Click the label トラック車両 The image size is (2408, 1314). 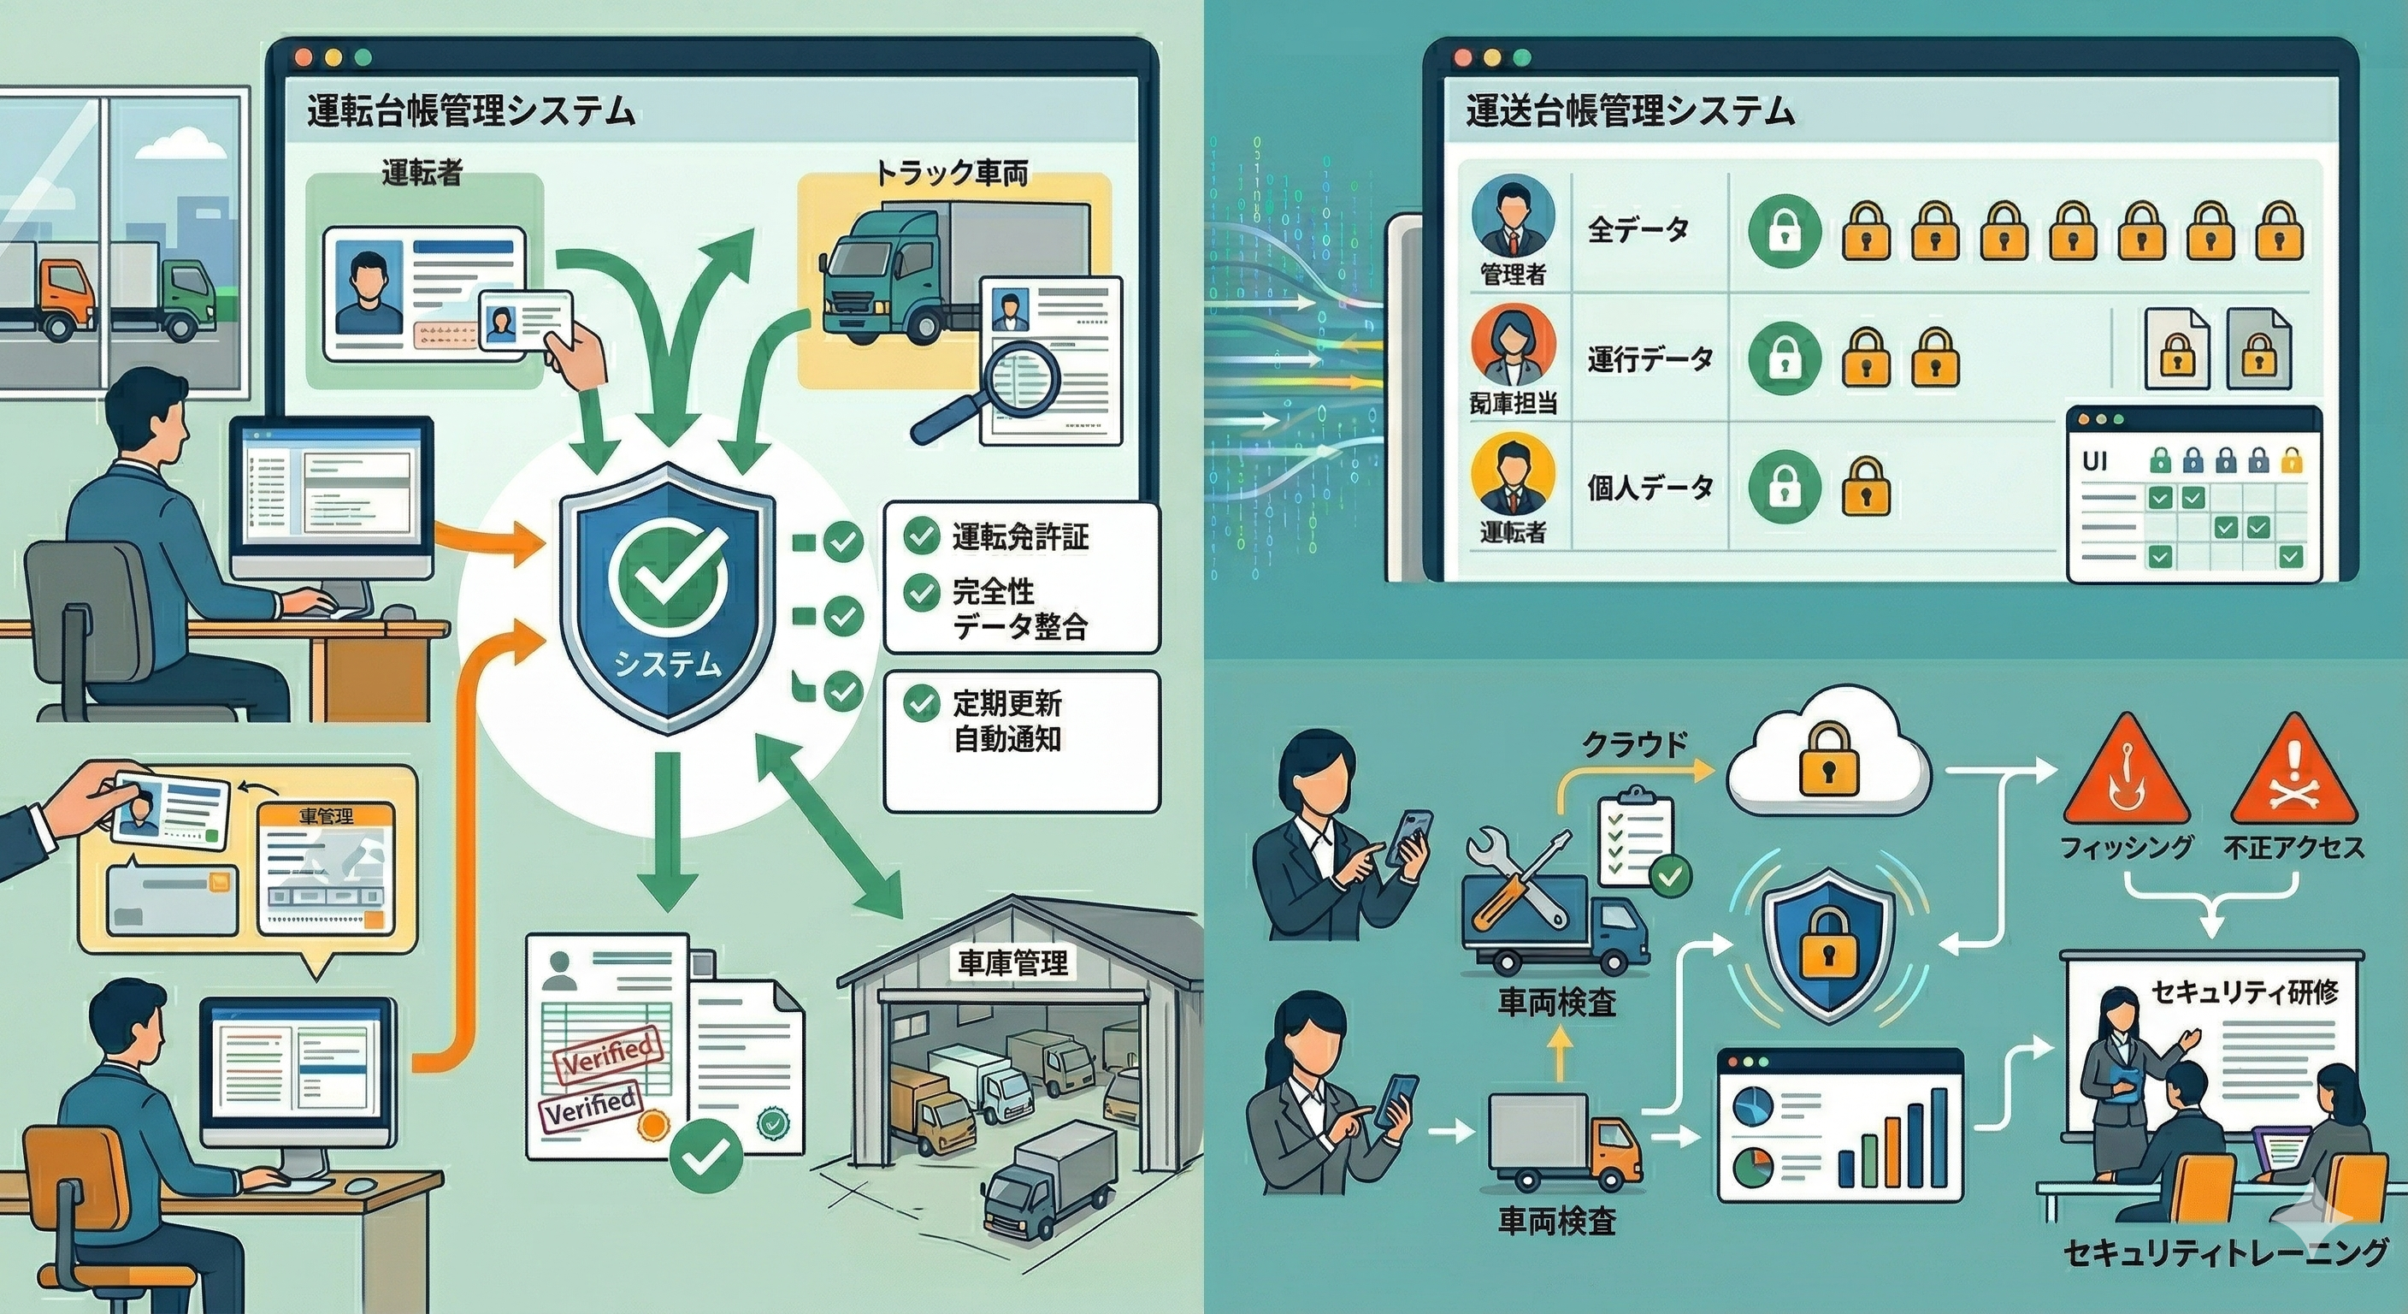pos(951,173)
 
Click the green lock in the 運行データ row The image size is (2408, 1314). pos(1785,358)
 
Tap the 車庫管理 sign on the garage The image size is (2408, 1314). pos(1012,963)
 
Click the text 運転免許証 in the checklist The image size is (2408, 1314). pos(1020,537)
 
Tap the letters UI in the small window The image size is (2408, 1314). pos(2095,462)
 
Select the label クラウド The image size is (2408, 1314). pos(1634,743)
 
